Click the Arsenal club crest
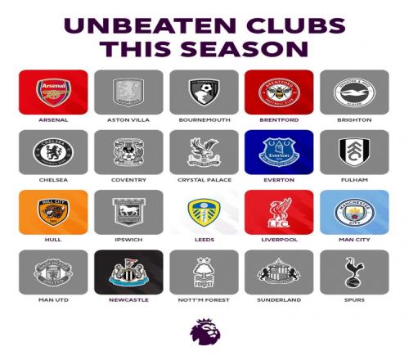pos(53,92)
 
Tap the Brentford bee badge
pos(279,92)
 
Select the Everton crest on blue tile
pos(279,152)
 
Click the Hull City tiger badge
pos(53,213)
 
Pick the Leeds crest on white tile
pos(204,213)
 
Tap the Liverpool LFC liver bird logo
pos(279,213)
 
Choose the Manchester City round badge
pos(354,212)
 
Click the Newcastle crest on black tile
pos(128,272)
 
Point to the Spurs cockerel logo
pos(354,272)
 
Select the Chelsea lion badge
pos(53,152)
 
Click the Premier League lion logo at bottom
pos(205,331)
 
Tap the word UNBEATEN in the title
pos(150,25)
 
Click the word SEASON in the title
pos(244,49)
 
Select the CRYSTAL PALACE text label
pos(204,180)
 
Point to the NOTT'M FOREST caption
pos(204,300)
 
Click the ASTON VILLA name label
pos(128,120)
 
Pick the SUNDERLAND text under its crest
pos(279,300)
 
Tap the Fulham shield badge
pos(354,152)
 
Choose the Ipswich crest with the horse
pos(128,212)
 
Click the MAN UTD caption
pos(53,300)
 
